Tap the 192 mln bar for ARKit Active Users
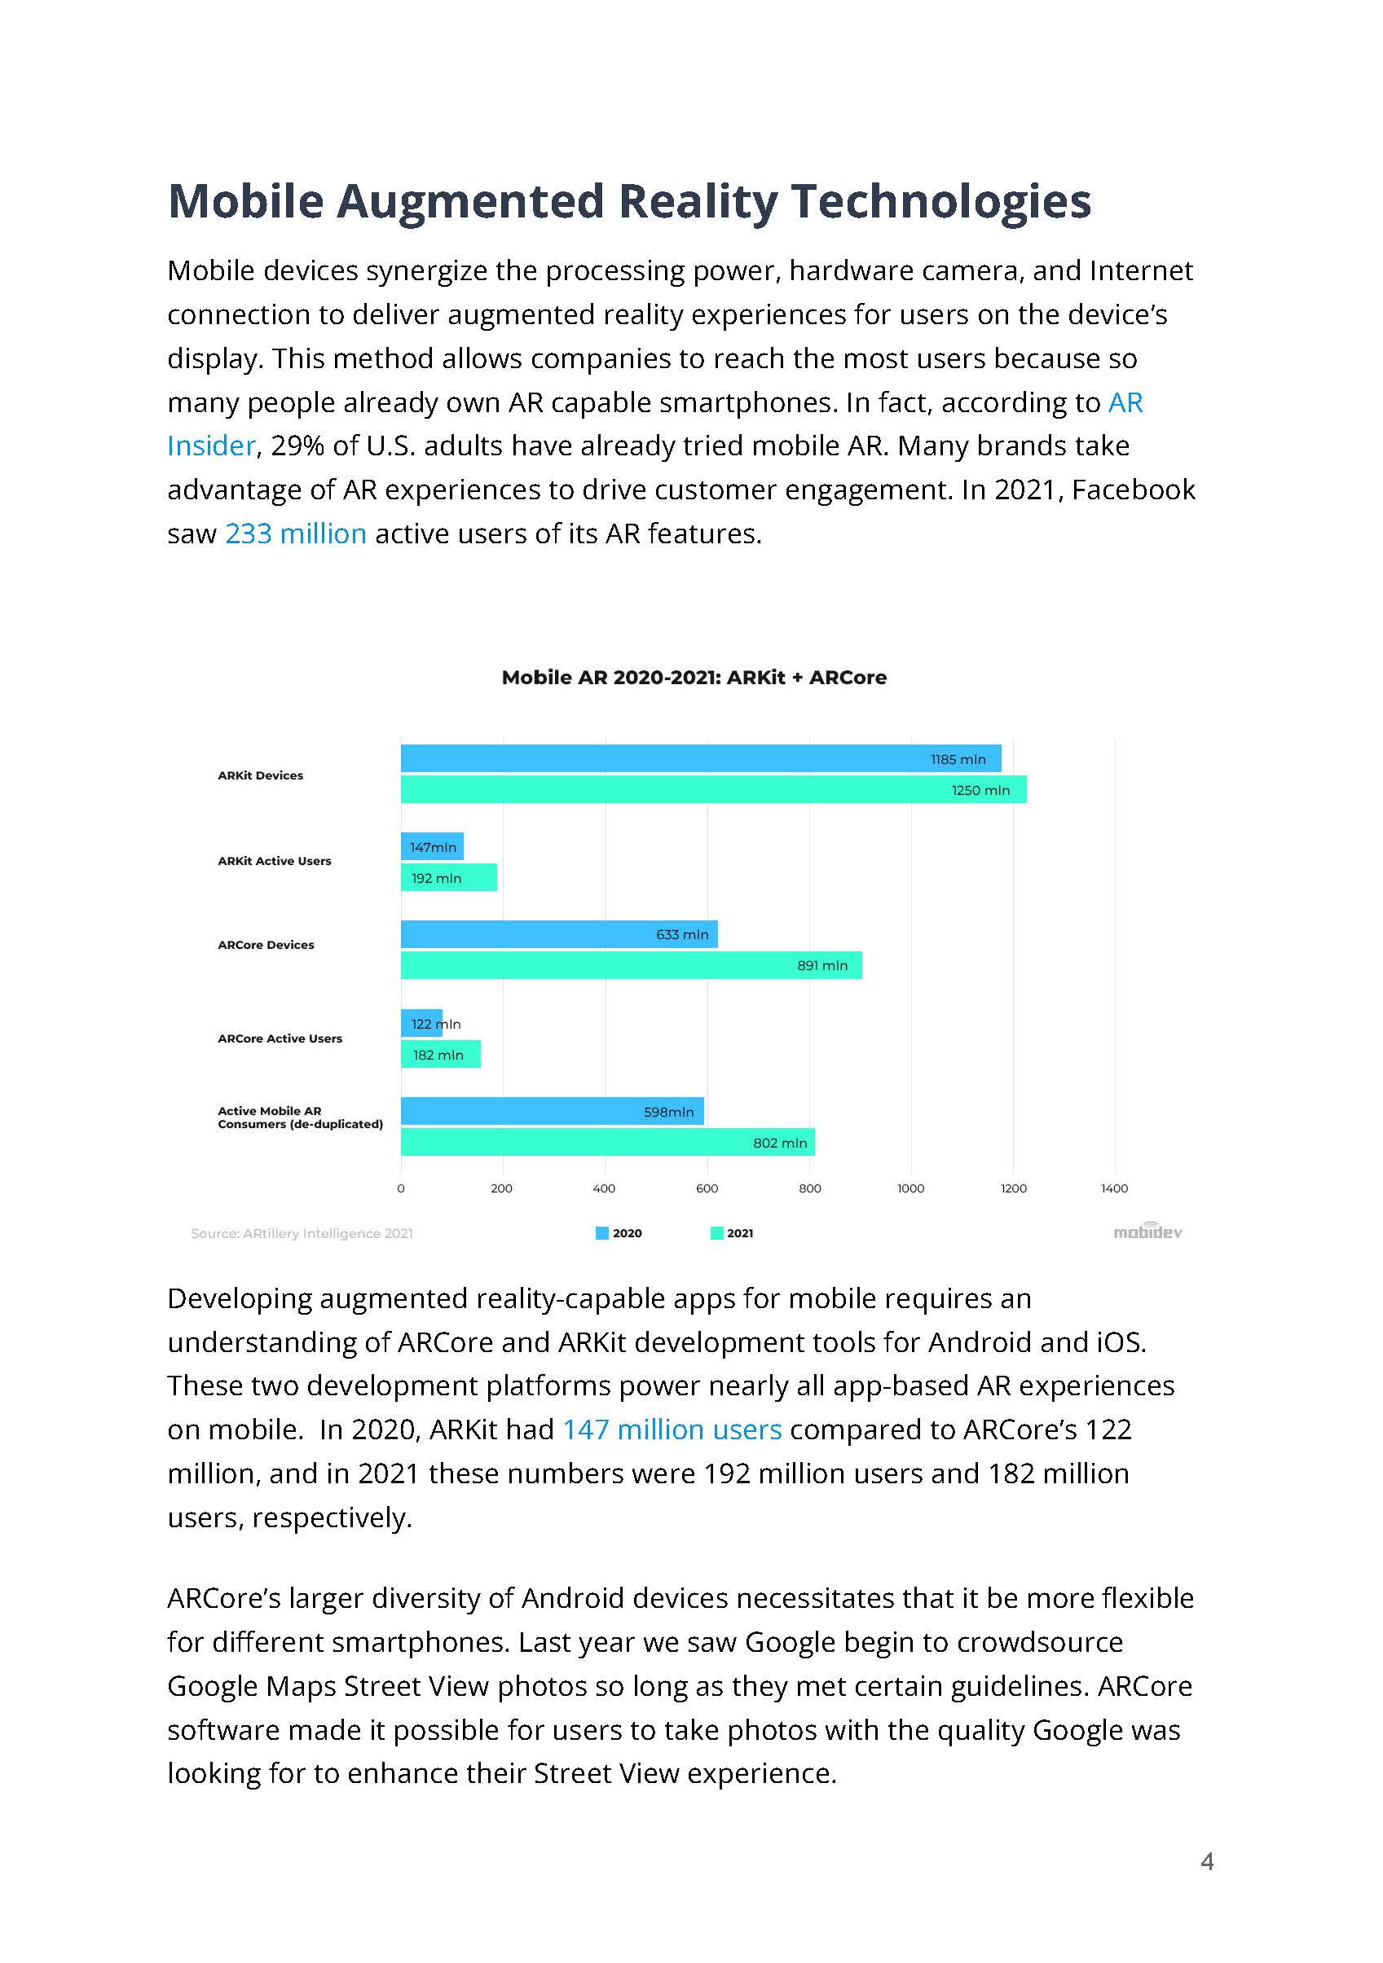point(448,878)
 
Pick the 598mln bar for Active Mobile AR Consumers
point(552,1112)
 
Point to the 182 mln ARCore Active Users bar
point(439,1055)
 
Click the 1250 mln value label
point(980,791)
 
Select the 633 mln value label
point(681,934)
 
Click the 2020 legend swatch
point(602,1233)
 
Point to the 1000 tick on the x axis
point(911,1188)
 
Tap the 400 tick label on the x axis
point(604,1188)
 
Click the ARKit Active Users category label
point(274,861)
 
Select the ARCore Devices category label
point(265,945)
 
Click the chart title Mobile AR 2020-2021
point(694,677)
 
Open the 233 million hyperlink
point(295,534)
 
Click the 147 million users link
point(672,1429)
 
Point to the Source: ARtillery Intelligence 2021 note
point(301,1233)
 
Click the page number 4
point(1207,1861)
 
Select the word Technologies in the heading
point(940,201)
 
